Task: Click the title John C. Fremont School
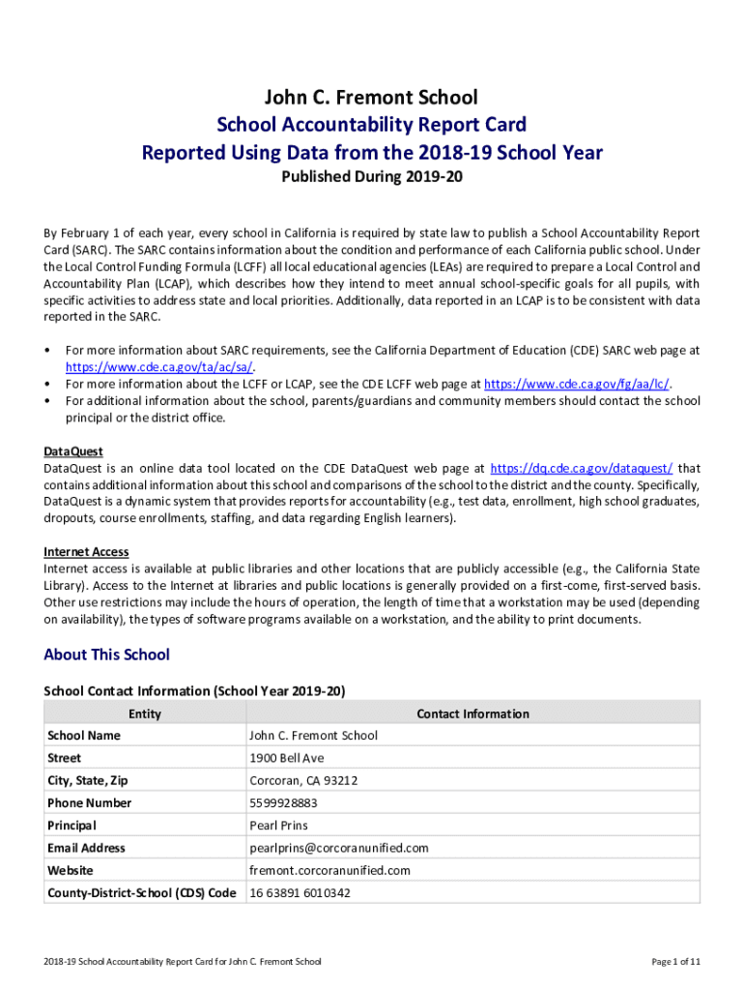click(x=372, y=97)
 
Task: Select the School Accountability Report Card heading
click(x=372, y=125)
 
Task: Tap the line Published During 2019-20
click(x=372, y=178)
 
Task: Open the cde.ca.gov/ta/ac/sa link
click(x=159, y=367)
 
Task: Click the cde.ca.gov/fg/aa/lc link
click(x=577, y=384)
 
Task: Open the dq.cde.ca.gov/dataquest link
click(x=582, y=468)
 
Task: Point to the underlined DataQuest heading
click(x=73, y=451)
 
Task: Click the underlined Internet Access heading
click(x=86, y=552)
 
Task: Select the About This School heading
click(x=106, y=655)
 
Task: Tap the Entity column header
click(x=145, y=713)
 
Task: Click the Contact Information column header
click(x=472, y=713)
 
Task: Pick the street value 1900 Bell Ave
click(x=287, y=758)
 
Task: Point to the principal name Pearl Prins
click(x=278, y=826)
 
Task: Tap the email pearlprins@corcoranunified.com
click(x=339, y=848)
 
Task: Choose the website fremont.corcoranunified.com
click(x=329, y=870)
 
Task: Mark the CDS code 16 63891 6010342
click(x=300, y=893)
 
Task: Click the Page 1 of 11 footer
click(x=675, y=961)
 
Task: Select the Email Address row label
click(x=86, y=848)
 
